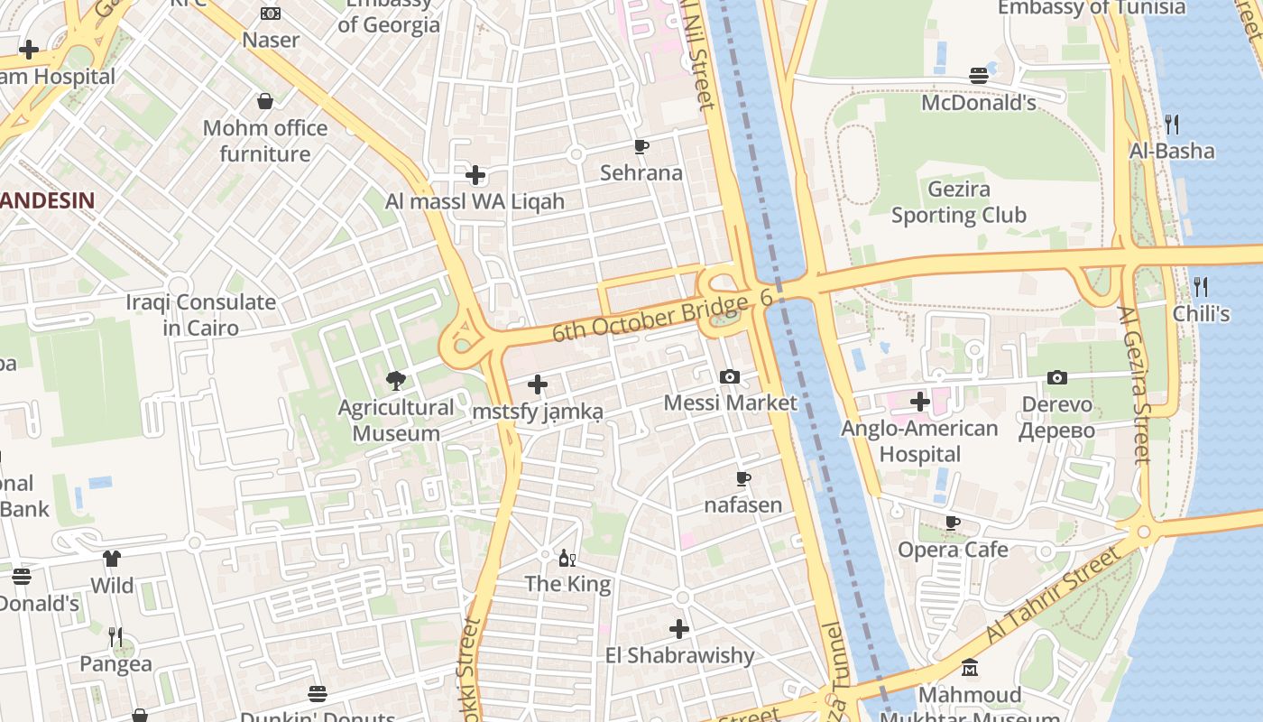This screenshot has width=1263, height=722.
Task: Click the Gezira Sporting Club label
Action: pyautogui.click(x=958, y=202)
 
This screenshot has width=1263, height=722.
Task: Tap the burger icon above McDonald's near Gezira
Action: pyautogui.click(x=979, y=75)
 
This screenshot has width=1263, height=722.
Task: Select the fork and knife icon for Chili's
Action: pyautogui.click(x=1201, y=287)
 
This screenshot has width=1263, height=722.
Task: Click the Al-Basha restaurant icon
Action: pyautogui.click(x=1172, y=124)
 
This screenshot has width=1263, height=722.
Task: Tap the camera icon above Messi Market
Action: pyautogui.click(x=730, y=376)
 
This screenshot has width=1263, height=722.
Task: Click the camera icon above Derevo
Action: pyautogui.click(x=1057, y=377)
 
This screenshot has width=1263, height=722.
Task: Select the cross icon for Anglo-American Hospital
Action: pyautogui.click(x=920, y=401)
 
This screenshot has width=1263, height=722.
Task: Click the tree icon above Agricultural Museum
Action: pyautogui.click(x=395, y=381)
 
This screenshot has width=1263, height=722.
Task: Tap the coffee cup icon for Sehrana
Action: pyautogui.click(x=641, y=146)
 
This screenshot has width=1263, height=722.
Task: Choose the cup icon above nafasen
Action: pyautogui.click(x=743, y=478)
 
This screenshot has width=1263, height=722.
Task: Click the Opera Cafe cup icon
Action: pyautogui.click(x=953, y=523)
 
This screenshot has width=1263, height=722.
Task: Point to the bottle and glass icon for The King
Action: pyautogui.click(x=567, y=558)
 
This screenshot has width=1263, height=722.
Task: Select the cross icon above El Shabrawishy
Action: pyautogui.click(x=679, y=629)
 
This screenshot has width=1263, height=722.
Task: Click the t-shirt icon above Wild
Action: pyautogui.click(x=112, y=559)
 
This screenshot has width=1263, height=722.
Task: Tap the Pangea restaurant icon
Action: pyautogui.click(x=115, y=637)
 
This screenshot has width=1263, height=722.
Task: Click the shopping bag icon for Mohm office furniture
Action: pyautogui.click(x=265, y=101)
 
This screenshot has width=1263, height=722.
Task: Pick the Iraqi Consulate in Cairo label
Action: pyautogui.click(x=200, y=315)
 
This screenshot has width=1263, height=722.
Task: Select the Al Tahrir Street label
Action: pyautogui.click(x=1056, y=596)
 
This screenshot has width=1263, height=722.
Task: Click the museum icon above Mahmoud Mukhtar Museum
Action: pyautogui.click(x=970, y=668)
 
